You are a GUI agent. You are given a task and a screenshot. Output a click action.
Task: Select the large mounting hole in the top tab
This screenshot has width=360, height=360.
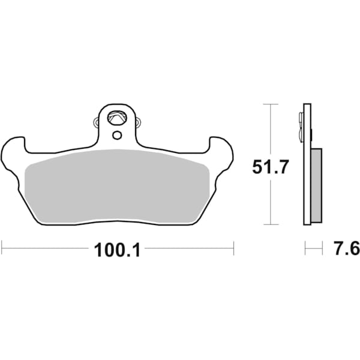[x=116, y=118]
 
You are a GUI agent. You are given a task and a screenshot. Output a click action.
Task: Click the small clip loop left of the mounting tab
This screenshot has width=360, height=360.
[x=97, y=123]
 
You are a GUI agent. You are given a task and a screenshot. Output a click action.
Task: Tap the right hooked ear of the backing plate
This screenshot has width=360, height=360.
[x=221, y=149]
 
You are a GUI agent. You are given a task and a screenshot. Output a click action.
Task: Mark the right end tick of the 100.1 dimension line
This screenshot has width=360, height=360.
[x=233, y=246]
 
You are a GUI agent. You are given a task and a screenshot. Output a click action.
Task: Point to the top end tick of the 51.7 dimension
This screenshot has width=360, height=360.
[x=271, y=104]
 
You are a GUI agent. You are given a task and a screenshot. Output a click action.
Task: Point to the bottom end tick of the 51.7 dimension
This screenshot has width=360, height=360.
[x=271, y=225]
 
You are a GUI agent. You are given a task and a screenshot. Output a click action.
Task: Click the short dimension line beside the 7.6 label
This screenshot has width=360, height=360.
[x=311, y=246]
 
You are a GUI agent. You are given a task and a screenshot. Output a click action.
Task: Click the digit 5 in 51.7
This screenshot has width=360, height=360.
[x=258, y=167]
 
